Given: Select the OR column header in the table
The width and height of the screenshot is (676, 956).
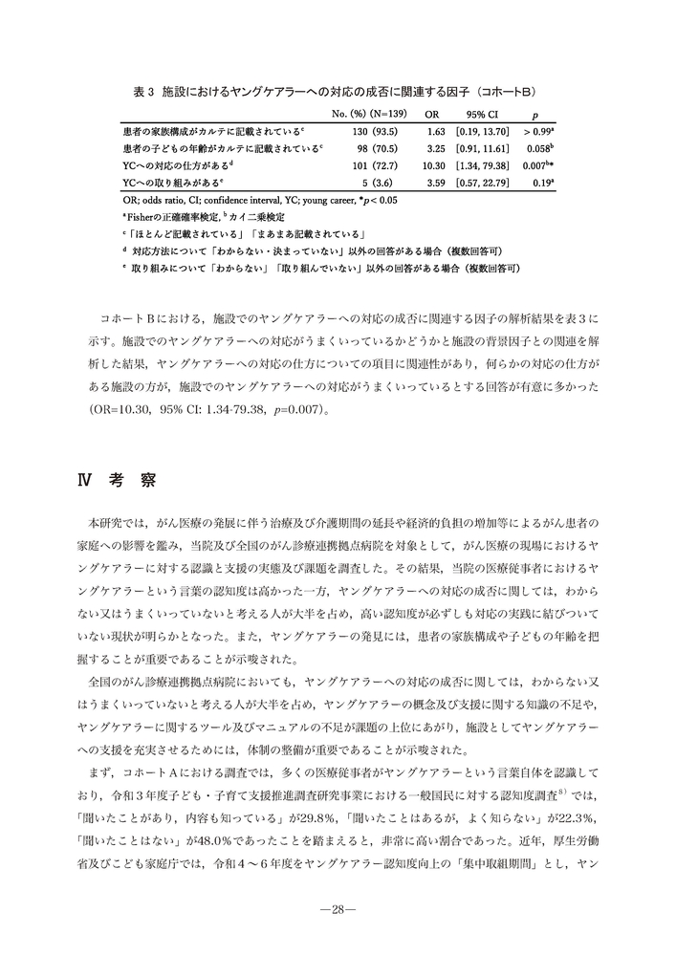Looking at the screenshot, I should point(432,114).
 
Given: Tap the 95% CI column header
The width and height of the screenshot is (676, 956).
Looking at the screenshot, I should point(481,114).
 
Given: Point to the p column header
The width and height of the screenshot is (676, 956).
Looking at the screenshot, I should point(545,114).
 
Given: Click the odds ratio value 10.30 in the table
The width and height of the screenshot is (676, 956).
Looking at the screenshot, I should point(434,165).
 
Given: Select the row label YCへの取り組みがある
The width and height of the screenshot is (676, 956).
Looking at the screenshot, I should point(173,183).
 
